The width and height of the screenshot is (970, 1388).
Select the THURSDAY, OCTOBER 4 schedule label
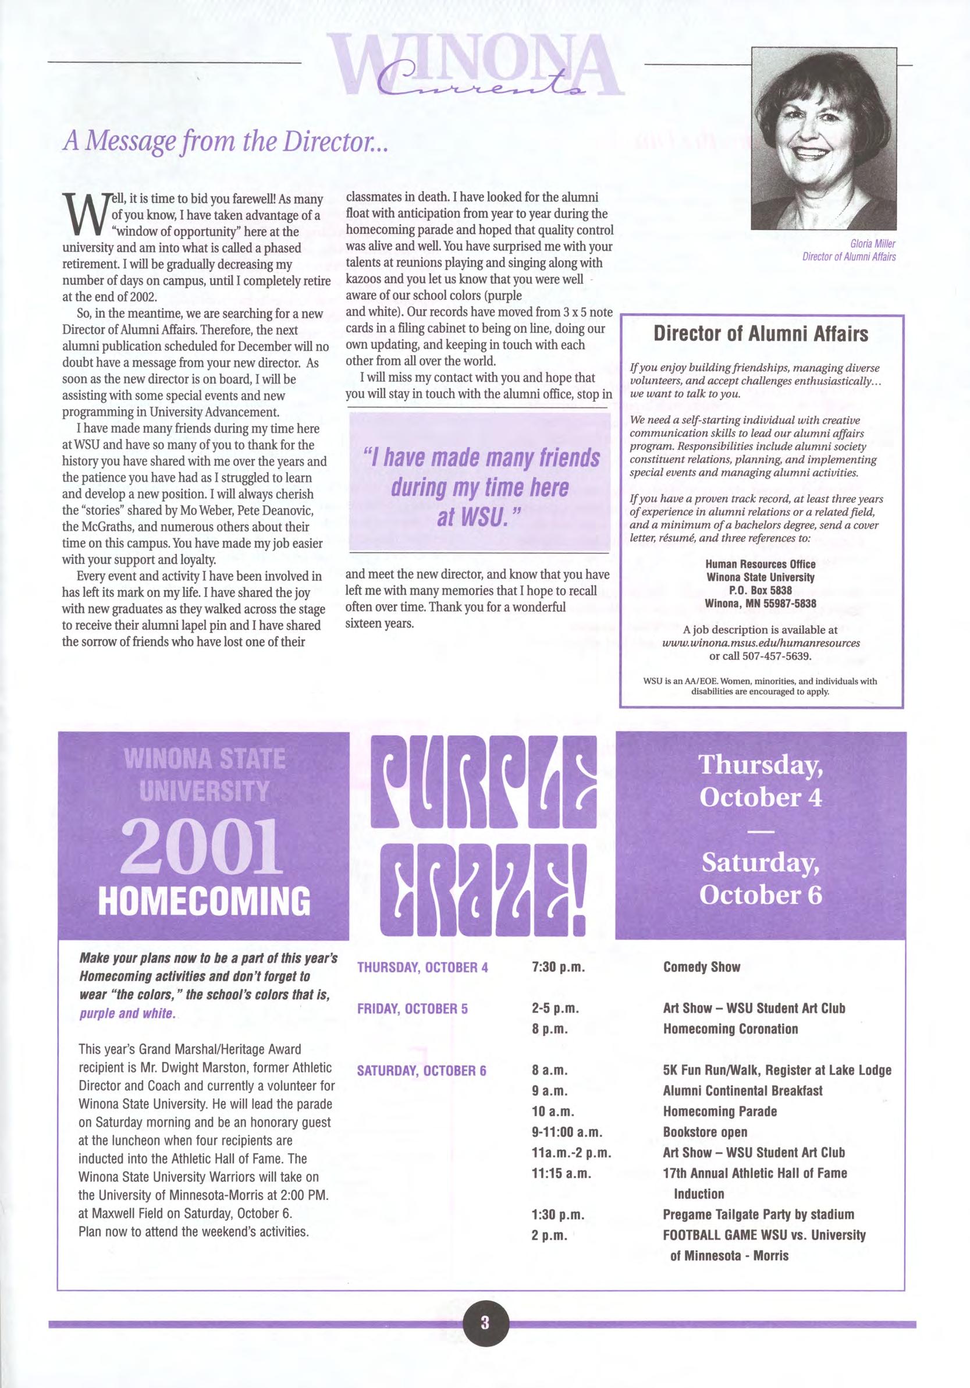click(422, 967)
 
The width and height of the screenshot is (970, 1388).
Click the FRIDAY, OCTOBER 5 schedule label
click(413, 1009)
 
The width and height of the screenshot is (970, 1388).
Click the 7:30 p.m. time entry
click(559, 967)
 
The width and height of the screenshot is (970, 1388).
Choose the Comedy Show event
click(701, 967)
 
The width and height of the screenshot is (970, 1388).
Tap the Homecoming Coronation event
click(730, 1029)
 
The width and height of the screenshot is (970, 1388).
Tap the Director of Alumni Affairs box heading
click(761, 333)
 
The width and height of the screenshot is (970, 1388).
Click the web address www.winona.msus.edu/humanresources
click(761, 643)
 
